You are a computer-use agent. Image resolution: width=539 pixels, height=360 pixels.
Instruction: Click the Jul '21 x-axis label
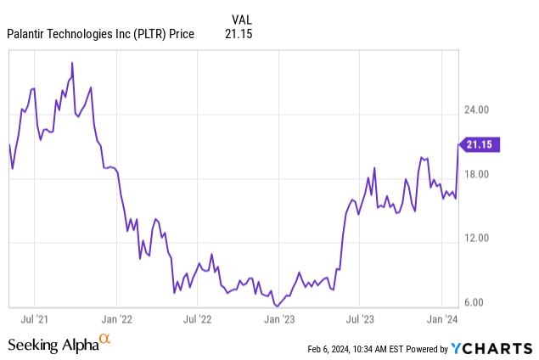pyautogui.click(x=35, y=319)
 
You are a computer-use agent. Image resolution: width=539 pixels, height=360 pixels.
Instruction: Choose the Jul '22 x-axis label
pyautogui.click(x=198, y=319)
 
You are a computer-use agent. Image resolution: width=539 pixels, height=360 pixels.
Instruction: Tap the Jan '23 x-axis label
pyautogui.click(x=279, y=319)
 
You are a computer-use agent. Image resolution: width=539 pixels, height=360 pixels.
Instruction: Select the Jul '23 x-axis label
pyautogui.click(x=360, y=319)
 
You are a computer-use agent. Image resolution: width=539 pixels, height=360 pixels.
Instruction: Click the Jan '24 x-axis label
pyautogui.click(x=441, y=319)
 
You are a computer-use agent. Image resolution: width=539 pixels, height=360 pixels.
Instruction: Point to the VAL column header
pyautogui.click(x=242, y=19)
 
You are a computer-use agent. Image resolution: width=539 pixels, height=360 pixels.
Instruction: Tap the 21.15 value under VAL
pyautogui.click(x=241, y=34)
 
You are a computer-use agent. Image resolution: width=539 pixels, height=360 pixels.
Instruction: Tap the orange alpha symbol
pyautogui.click(x=105, y=340)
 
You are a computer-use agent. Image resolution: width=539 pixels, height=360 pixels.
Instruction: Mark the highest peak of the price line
pyautogui.click(x=72, y=62)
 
